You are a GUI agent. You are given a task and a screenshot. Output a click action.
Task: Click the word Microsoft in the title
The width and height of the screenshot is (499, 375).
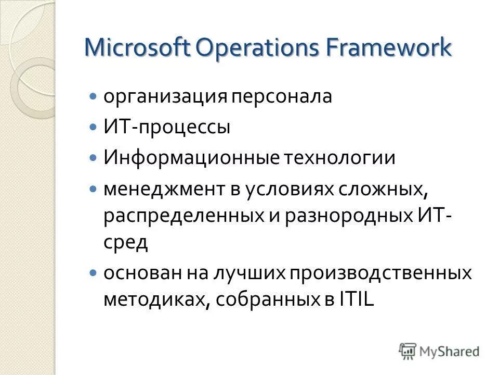(137, 48)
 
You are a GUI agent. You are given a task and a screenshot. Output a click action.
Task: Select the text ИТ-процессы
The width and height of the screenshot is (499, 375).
(166, 128)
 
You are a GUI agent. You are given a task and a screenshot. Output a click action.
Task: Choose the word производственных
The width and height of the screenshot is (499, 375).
(380, 273)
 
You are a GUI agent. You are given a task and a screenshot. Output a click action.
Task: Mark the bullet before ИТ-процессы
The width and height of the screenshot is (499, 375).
(93, 128)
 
